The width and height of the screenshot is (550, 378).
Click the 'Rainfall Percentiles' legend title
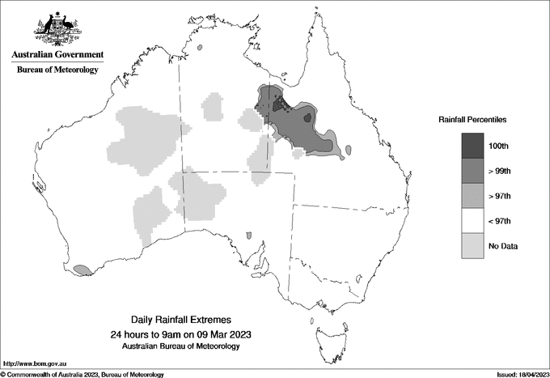(472, 120)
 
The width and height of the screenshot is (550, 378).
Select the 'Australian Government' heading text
(57, 55)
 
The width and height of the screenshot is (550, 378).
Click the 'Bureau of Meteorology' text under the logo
(57, 70)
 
